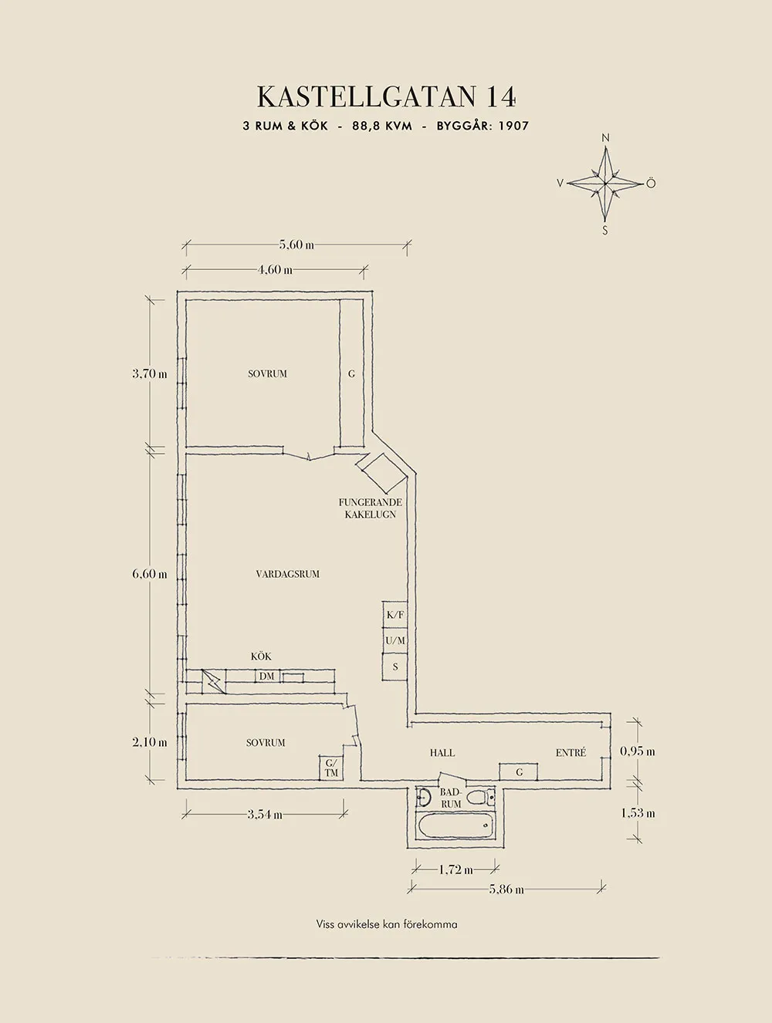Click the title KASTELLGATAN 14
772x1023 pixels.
(x=386, y=97)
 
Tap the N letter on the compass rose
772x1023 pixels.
(x=605, y=138)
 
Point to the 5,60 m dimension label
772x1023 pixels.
(x=296, y=245)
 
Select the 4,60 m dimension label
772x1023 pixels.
(x=275, y=270)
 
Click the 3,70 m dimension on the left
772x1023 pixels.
(x=149, y=373)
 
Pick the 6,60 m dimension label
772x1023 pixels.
(x=149, y=574)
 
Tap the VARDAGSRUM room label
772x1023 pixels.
(x=287, y=574)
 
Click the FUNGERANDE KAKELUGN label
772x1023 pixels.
(x=370, y=508)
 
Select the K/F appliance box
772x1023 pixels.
(x=394, y=615)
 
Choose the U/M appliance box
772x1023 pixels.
(x=394, y=641)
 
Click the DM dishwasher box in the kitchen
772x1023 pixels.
(x=266, y=677)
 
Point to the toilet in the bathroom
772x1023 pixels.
(x=476, y=797)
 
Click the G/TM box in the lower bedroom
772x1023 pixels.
(x=331, y=768)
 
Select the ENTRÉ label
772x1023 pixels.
(x=571, y=753)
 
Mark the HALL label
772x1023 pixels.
(x=442, y=753)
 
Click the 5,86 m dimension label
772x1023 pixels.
(x=506, y=890)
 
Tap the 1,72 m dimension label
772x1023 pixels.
(x=455, y=869)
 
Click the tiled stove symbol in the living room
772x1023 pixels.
(x=381, y=472)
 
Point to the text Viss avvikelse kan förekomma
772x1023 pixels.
(x=386, y=924)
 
